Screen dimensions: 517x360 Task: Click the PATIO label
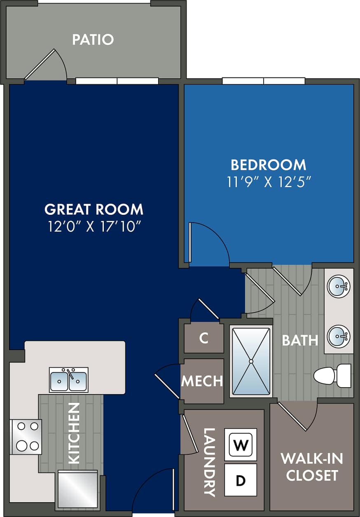[93, 40]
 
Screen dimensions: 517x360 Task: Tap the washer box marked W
[240, 445]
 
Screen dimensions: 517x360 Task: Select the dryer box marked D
[240, 480]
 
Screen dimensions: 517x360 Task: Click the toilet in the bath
[332, 376]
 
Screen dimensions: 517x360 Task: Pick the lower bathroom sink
[339, 336]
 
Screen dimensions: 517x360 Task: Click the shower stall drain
[251, 361]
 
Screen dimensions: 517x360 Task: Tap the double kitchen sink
[68, 380]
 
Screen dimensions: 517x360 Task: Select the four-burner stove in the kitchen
[26, 436]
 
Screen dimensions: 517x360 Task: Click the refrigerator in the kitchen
[78, 489]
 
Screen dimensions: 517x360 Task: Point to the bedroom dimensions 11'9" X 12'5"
[269, 181]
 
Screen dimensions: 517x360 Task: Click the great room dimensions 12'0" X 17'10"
[94, 226]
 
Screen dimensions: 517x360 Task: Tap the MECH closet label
[202, 381]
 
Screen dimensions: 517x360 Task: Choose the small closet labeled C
[203, 338]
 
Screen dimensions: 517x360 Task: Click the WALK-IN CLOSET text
[311, 467]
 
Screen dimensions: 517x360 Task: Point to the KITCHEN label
[74, 433]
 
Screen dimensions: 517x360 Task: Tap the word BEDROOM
[269, 165]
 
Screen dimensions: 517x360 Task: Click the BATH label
[300, 340]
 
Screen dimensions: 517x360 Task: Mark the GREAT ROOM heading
[94, 209]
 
